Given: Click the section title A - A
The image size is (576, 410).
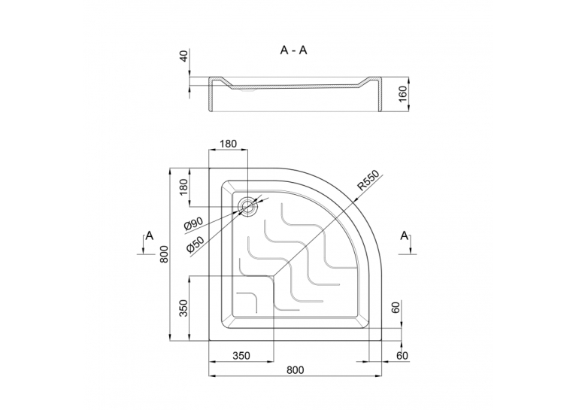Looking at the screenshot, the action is point(293,50).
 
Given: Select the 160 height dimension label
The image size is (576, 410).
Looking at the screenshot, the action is point(403,94).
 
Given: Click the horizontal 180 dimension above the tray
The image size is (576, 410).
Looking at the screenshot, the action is point(228,144).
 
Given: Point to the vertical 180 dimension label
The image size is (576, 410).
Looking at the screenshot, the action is point(184,187).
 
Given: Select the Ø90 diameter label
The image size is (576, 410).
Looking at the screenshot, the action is point(193,223).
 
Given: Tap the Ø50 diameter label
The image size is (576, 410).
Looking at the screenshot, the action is point(195,243).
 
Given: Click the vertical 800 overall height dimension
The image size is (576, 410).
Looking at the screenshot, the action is point(164,254).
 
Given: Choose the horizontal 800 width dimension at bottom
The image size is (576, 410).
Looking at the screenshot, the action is point(295,370).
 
